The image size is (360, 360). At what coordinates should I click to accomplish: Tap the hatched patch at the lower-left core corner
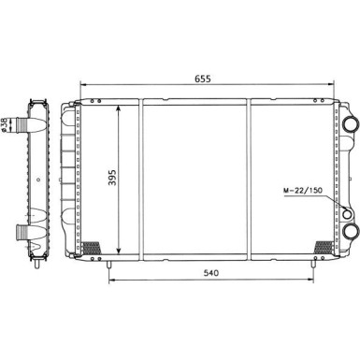coord(94,248)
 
